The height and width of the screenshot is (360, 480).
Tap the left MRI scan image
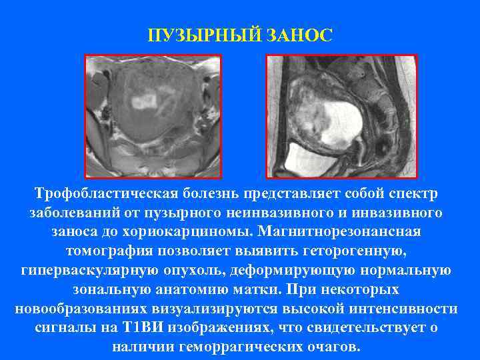pyautogui.click(x=153, y=116)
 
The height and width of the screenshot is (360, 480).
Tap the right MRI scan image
pyautogui.click(x=341, y=116)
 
